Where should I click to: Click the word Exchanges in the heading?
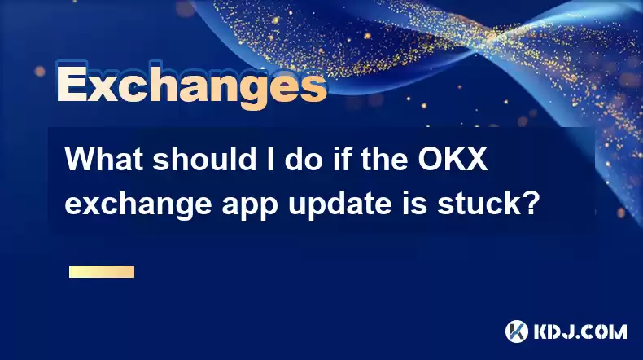click(x=192, y=86)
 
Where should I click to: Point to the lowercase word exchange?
click(x=138, y=204)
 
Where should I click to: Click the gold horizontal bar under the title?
click(x=102, y=272)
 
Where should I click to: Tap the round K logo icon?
click(x=517, y=331)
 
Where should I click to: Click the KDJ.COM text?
click(x=580, y=331)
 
